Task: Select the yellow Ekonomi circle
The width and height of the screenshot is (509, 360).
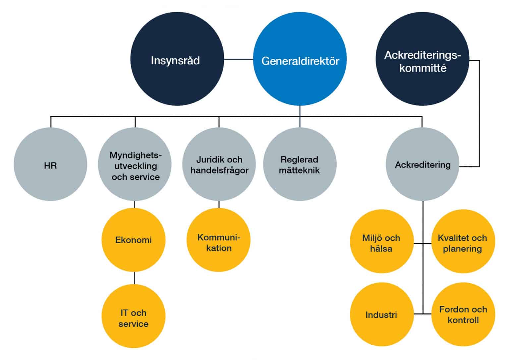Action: tap(133, 240)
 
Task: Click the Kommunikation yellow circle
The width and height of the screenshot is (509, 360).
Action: tap(218, 240)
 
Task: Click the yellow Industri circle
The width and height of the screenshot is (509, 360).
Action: tap(381, 314)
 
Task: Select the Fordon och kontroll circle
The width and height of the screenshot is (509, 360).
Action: tap(463, 314)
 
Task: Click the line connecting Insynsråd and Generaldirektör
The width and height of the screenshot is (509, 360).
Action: tap(239, 59)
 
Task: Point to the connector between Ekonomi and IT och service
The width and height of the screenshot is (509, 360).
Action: tap(135, 278)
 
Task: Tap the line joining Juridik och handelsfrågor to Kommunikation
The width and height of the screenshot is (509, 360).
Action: tap(219, 204)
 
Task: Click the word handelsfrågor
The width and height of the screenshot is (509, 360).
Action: tap(219, 171)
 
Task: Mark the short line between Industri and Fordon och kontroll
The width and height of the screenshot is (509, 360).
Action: tap(423, 314)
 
